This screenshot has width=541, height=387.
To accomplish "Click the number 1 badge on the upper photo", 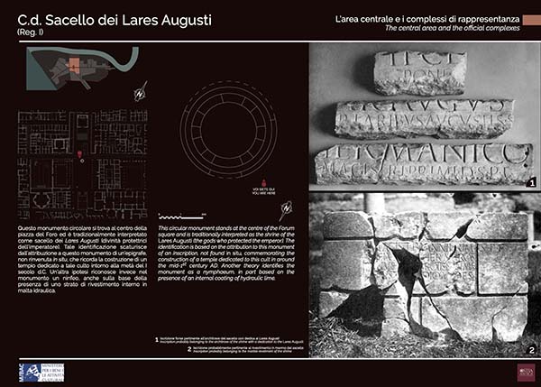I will click(x=532, y=182).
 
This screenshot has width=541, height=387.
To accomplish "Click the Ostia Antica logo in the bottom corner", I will click(x=525, y=372).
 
